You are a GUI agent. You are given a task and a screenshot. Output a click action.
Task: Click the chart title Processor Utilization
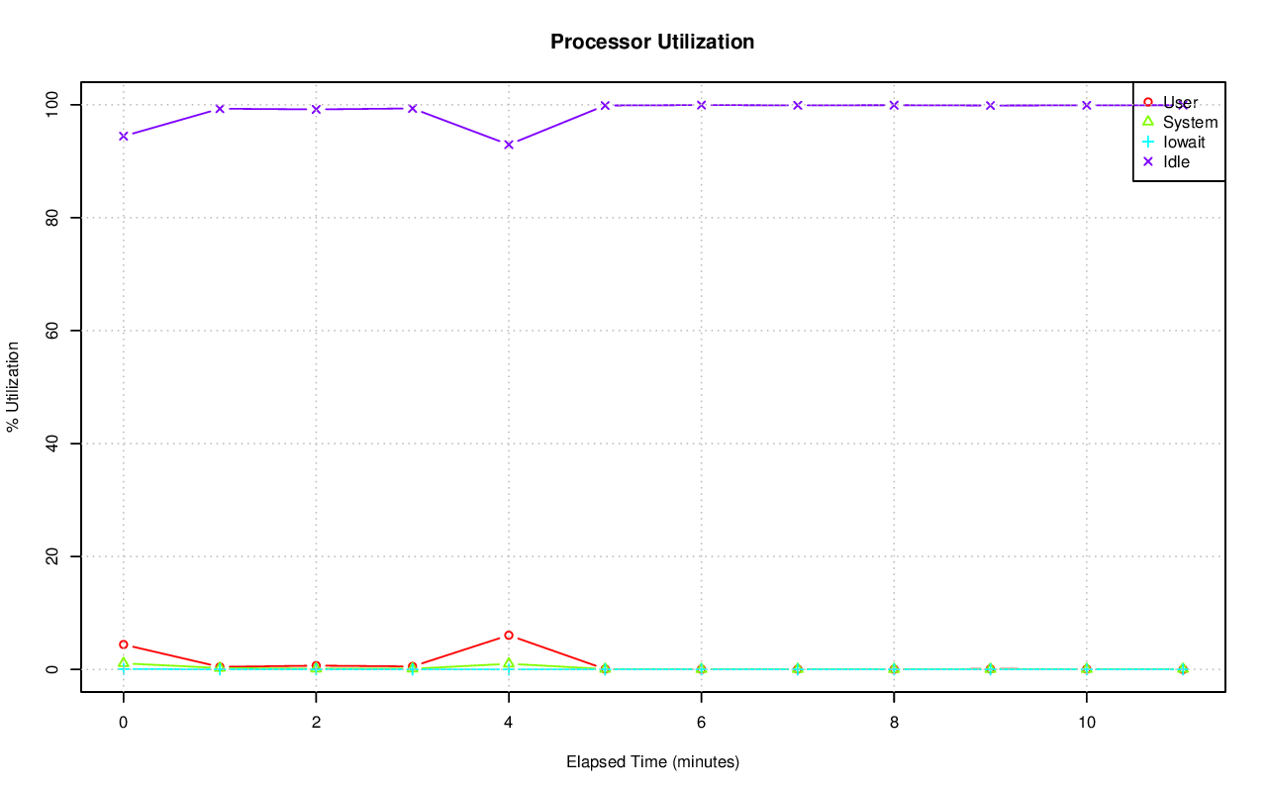point(652,43)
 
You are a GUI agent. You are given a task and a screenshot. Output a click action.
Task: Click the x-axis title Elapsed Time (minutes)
point(652,762)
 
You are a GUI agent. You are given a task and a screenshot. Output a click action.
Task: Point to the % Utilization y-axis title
point(14,386)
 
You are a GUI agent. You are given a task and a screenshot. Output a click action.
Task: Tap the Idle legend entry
point(1176,161)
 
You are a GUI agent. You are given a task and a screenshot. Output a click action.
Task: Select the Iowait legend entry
point(1184,142)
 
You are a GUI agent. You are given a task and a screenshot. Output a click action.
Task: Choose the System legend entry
point(1190,122)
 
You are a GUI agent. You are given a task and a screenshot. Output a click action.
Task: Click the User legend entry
point(1180,102)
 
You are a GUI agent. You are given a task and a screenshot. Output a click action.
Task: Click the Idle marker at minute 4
point(509,145)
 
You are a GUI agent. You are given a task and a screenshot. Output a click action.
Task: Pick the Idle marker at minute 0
point(124,136)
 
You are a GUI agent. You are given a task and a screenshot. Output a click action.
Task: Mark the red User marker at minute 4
point(509,636)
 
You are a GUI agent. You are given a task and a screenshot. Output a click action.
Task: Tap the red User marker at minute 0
point(124,644)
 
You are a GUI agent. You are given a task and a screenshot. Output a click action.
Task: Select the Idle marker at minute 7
point(798,105)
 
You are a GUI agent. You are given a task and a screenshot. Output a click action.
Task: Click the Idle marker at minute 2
point(316,109)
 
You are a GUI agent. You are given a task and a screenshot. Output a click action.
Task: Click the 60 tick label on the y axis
point(53,330)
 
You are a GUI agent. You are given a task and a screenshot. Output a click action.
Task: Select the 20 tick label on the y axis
point(53,556)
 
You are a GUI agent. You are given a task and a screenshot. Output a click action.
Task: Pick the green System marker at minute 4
point(509,663)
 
